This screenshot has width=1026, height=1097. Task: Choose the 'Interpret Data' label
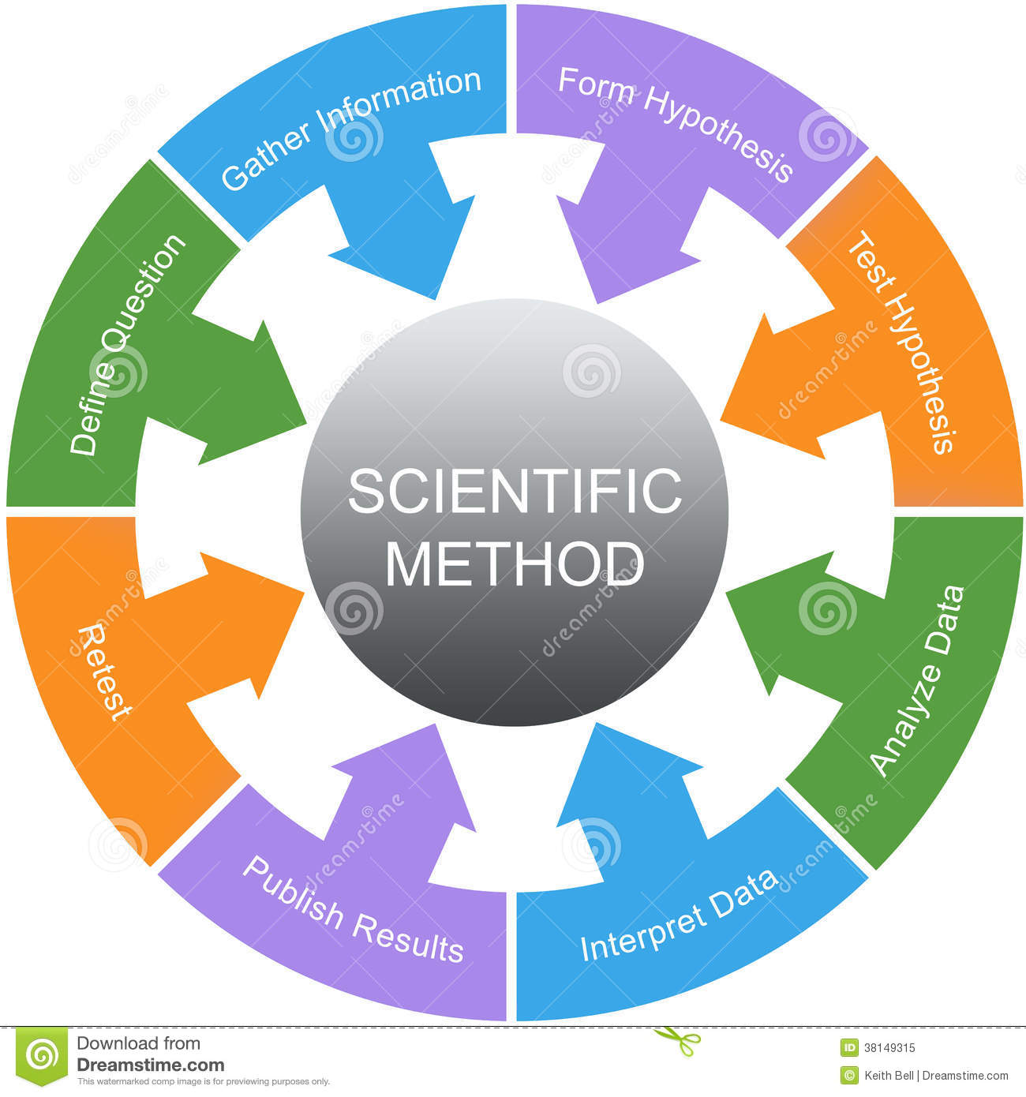click(680, 915)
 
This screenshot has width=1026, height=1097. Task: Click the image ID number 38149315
click(889, 1048)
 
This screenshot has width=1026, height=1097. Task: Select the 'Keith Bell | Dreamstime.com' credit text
click(936, 1075)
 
